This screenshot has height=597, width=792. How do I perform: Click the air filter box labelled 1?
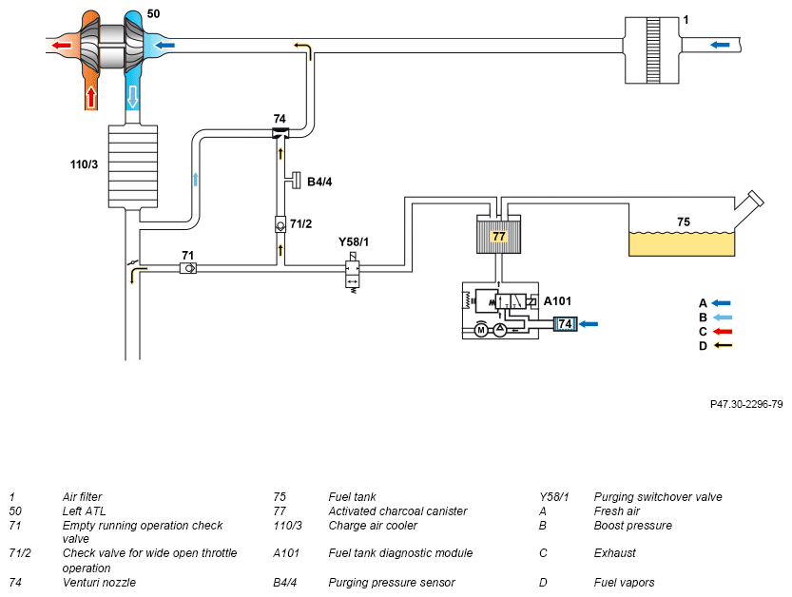point(651,50)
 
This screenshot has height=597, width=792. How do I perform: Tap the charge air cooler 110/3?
point(133,166)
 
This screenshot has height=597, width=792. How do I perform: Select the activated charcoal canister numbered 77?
point(498,235)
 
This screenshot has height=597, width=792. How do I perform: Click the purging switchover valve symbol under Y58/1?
point(353,273)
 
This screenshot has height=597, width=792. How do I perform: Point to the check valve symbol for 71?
point(188,268)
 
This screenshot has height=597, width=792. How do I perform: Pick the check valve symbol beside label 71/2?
point(280,224)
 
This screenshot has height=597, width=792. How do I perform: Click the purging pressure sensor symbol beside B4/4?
point(295,181)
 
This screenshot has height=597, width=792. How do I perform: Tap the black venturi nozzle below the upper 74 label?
point(280,133)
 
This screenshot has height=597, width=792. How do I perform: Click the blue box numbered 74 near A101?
point(565,324)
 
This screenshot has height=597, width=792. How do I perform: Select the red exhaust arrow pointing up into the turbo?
point(91,97)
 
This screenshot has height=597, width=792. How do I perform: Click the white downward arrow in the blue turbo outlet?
point(132,97)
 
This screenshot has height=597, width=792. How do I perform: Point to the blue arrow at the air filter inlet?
point(720,45)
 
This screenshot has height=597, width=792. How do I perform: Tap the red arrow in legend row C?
point(723,332)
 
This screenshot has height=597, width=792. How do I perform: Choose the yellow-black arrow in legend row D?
point(723,345)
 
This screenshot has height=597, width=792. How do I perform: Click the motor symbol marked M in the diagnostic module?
point(481,330)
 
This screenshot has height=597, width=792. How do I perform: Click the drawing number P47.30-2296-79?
point(746,404)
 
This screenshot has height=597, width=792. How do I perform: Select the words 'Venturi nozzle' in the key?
point(99,583)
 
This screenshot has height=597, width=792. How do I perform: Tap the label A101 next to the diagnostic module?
point(557,301)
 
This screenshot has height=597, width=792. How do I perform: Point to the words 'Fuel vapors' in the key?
point(624,583)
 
